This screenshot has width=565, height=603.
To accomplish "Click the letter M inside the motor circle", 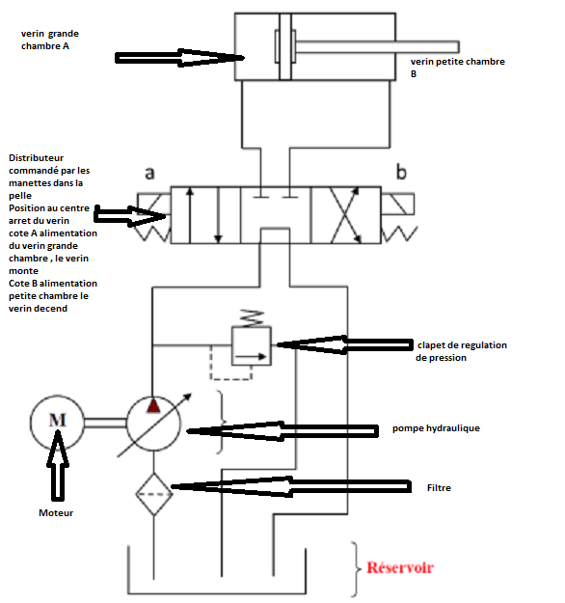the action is click(x=57, y=420).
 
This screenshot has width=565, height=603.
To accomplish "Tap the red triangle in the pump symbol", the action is click(x=153, y=406).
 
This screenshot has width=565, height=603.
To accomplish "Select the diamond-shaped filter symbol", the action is click(x=153, y=494).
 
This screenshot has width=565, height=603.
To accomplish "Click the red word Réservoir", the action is click(x=400, y=567).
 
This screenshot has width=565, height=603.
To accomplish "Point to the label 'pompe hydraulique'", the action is click(x=436, y=428).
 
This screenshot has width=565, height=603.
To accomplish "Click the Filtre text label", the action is click(x=439, y=487).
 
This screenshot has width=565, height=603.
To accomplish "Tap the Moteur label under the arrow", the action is click(x=56, y=512).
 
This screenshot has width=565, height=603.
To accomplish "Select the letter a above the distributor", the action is click(x=149, y=173).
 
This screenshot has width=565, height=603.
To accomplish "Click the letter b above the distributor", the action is click(x=401, y=172).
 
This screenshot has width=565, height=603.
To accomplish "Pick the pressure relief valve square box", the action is click(x=252, y=345).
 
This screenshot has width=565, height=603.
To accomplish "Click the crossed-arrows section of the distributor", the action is click(x=346, y=215).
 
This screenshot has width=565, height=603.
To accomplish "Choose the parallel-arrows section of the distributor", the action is click(x=205, y=215).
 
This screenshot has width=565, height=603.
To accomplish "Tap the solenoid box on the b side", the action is click(x=398, y=205).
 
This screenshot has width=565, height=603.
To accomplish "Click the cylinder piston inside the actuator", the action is click(x=285, y=46).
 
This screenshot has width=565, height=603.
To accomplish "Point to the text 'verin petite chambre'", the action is click(x=457, y=62).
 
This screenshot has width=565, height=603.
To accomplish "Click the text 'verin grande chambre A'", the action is click(x=50, y=40).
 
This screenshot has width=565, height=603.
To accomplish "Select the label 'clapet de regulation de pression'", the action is click(x=461, y=351).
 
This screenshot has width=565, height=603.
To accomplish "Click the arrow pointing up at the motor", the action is click(x=58, y=465).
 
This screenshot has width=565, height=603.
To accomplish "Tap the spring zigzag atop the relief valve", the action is click(x=252, y=318).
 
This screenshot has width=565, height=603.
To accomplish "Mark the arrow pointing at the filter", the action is click(x=291, y=487).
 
